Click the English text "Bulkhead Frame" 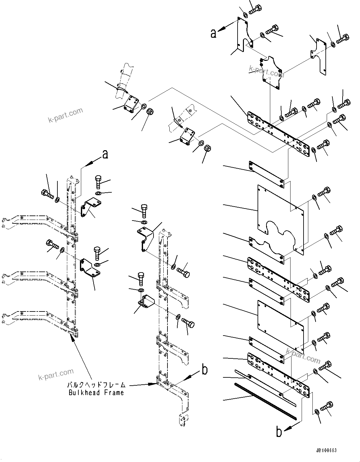pyautogui.click(x=96, y=393)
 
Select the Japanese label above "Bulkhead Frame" pyautogui.click(x=96, y=385)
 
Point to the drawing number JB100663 pyautogui.click(x=326, y=450)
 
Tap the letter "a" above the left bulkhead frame pyautogui.click(x=105, y=154)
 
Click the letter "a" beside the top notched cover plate pyautogui.click(x=213, y=33)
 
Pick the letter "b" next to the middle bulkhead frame pyautogui.click(x=205, y=369)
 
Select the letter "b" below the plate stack pyautogui.click(x=279, y=432)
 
